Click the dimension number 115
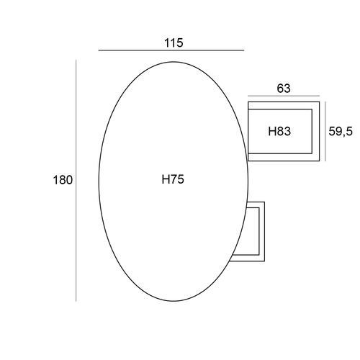point(174,43)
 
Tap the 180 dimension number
point(63,180)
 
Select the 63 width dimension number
point(284,89)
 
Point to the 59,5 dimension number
point(341,131)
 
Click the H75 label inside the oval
point(173,179)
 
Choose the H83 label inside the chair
point(279,131)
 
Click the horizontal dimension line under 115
point(171,50)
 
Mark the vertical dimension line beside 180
point(76,181)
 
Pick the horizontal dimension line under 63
point(284,96)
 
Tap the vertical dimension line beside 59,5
point(325,131)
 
